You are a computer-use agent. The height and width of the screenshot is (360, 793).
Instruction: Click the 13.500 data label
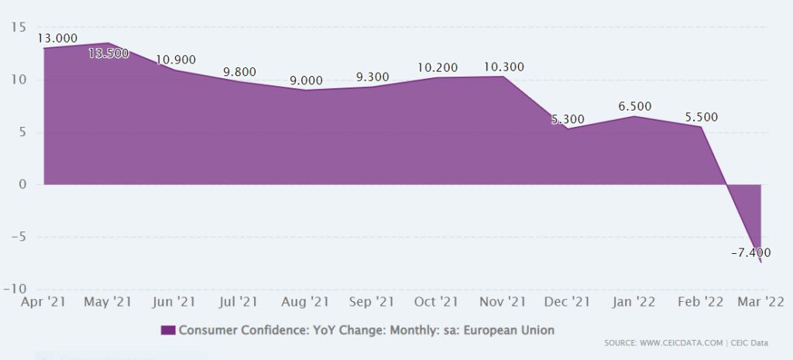[x=108, y=53]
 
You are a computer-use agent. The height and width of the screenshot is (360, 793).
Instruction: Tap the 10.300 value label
[x=503, y=67]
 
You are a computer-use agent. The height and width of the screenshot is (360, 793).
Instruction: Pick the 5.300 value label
[x=568, y=120]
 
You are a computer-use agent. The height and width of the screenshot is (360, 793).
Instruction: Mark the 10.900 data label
[x=175, y=60]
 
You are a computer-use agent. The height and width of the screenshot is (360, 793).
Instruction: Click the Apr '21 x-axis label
[x=43, y=301]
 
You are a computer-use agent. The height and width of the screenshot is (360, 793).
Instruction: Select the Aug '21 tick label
[x=305, y=301]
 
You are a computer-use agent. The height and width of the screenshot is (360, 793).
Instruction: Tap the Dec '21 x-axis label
[x=568, y=301]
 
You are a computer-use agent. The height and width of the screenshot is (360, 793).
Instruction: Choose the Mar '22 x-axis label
[x=762, y=301]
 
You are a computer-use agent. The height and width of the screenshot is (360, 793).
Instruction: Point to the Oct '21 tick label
[x=437, y=301]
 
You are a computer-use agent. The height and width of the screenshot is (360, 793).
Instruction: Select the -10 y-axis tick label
[x=15, y=289]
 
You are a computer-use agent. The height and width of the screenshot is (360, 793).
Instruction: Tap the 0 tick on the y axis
[x=23, y=184]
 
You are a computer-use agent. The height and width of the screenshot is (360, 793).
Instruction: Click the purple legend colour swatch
[x=167, y=330]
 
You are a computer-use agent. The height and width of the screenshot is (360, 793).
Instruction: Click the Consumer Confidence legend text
[x=366, y=330]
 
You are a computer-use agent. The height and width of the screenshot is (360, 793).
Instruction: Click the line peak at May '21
[x=108, y=43]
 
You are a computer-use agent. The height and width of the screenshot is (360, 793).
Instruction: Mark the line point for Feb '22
[x=702, y=126]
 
